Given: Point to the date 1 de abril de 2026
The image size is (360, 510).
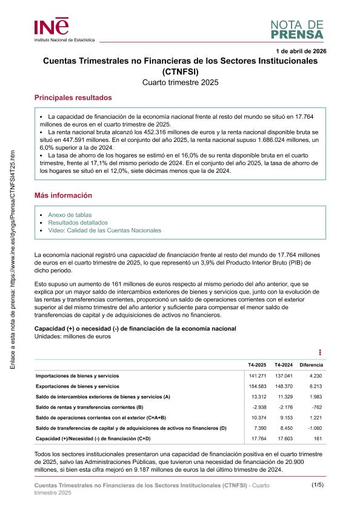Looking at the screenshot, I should [x=301, y=51].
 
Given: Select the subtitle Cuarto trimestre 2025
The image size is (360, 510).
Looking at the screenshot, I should [x=180, y=82].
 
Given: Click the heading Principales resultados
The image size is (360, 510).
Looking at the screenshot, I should [x=73, y=98].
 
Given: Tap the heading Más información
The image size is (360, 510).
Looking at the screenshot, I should [x=63, y=196].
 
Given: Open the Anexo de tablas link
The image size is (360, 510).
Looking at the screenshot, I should [x=70, y=215].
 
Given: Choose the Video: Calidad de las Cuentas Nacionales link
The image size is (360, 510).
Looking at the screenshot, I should [x=104, y=230].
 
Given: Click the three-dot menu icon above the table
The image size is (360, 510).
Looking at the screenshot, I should [x=320, y=352].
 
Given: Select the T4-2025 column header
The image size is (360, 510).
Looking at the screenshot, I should [x=257, y=365].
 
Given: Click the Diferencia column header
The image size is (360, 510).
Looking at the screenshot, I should [x=311, y=365].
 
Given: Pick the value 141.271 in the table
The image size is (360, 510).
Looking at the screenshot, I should [x=257, y=376].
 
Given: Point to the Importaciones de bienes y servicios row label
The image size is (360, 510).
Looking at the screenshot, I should [x=77, y=376].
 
